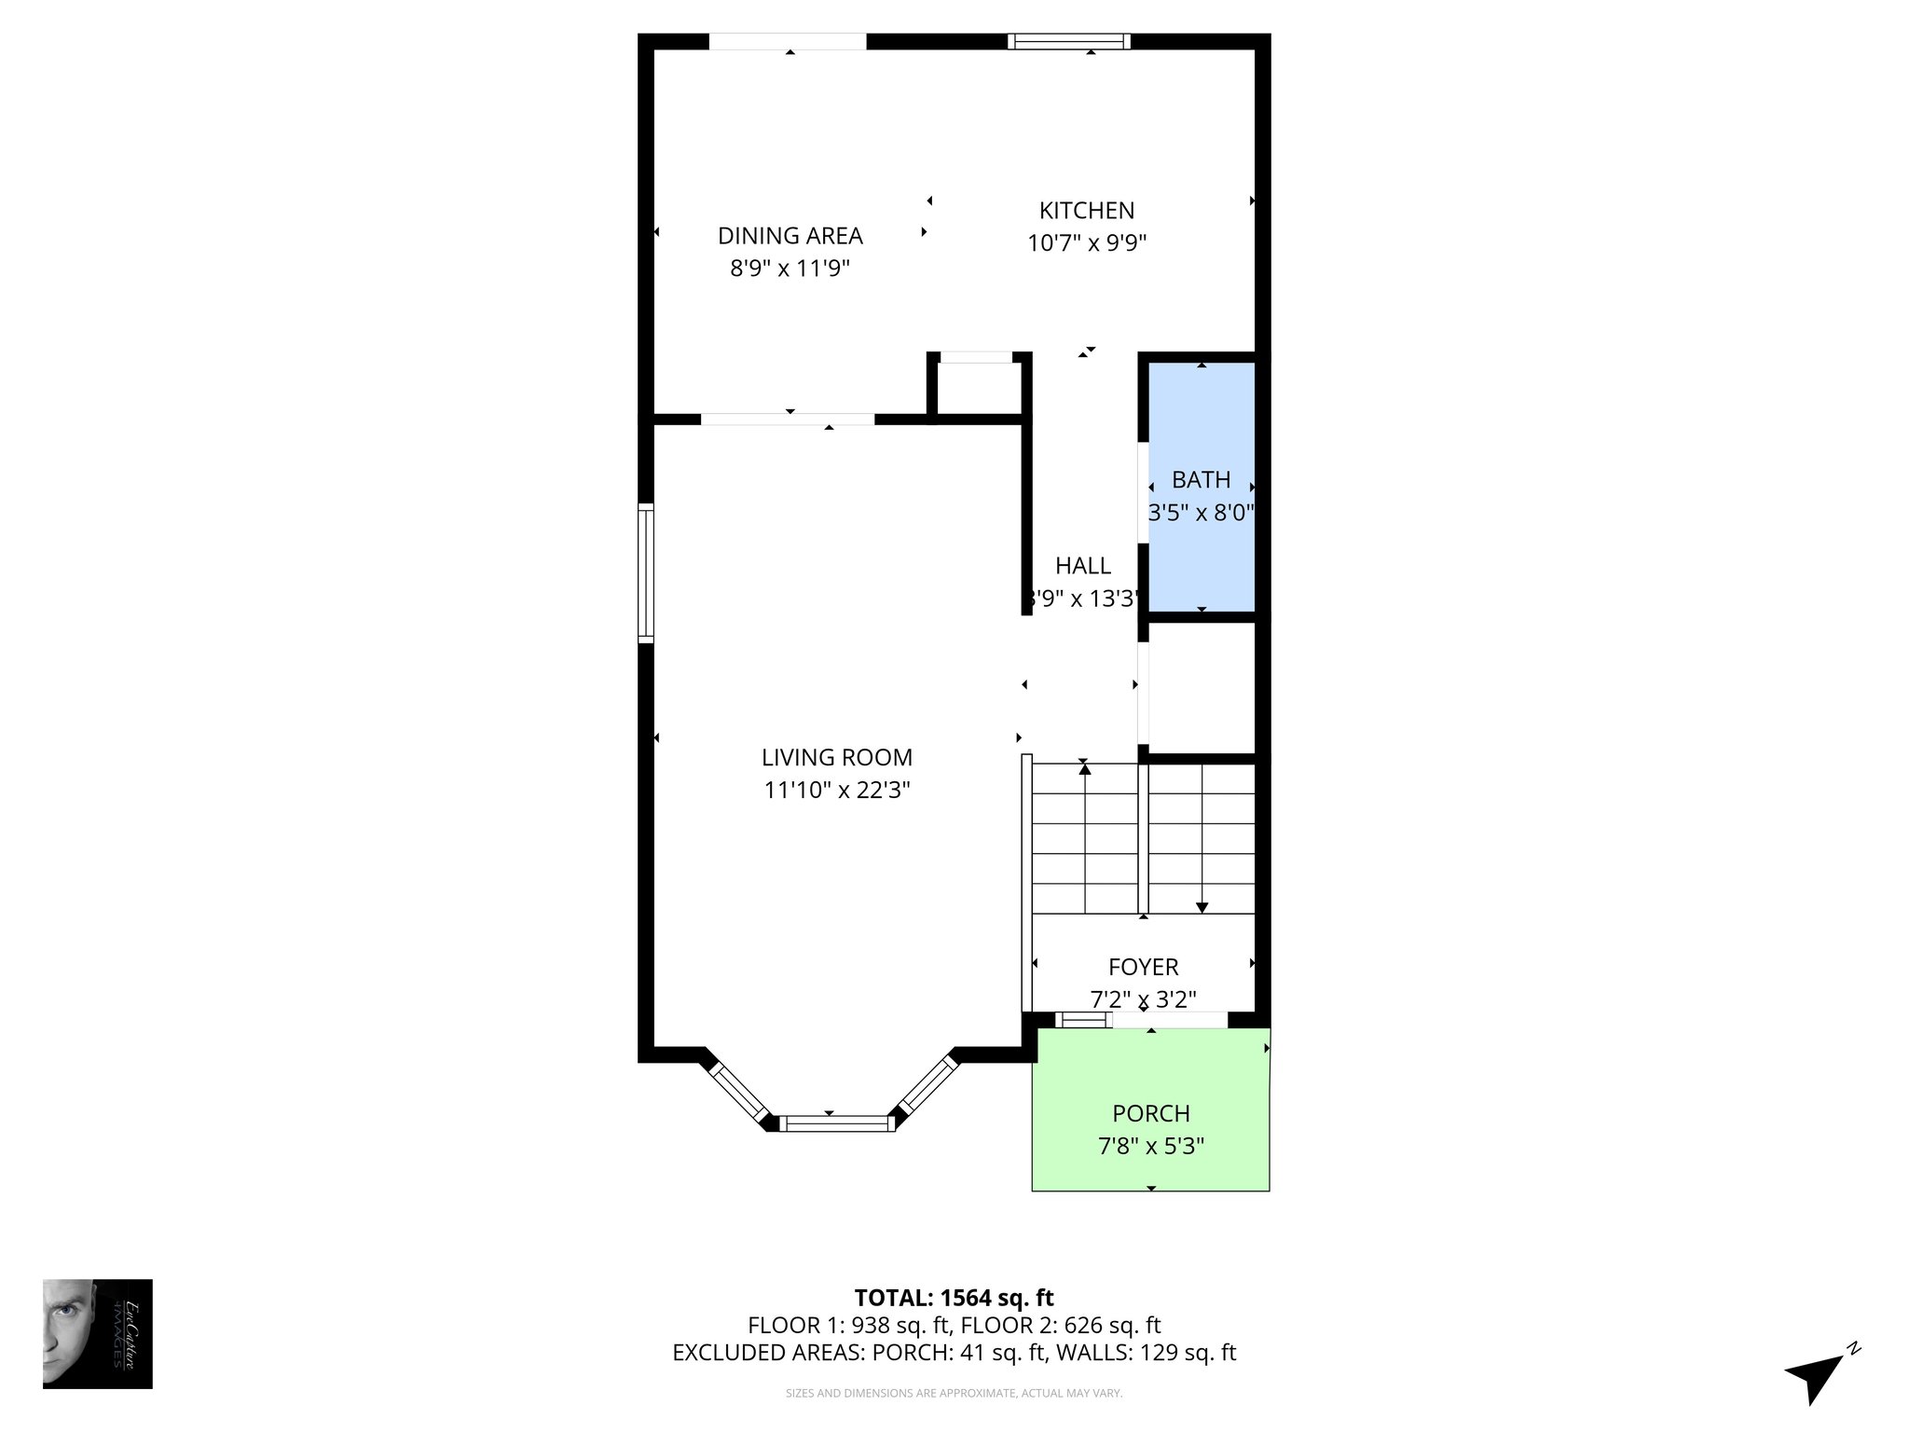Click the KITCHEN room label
coord(1086,211)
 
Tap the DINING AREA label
coord(790,236)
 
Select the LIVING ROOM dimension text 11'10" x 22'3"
coord(836,791)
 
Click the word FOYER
coord(1143,967)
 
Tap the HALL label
coord(1082,566)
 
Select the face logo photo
coord(97,1333)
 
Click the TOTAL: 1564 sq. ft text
coord(954,1298)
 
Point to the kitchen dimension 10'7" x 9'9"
coord(1086,243)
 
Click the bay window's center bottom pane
coord(836,1123)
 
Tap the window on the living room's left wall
coord(645,572)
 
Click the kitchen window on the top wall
coord(1068,41)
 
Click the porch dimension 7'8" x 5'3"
coord(1150,1146)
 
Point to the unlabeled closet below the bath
coord(1201,687)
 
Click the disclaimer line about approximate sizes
coord(954,1394)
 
